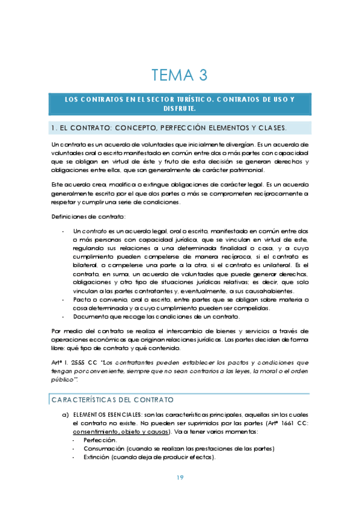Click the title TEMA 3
coord(179,75)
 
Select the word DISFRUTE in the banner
coord(179,109)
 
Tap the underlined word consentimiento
coord(96,431)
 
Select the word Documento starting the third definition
coord(91,317)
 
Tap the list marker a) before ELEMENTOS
coord(65,414)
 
